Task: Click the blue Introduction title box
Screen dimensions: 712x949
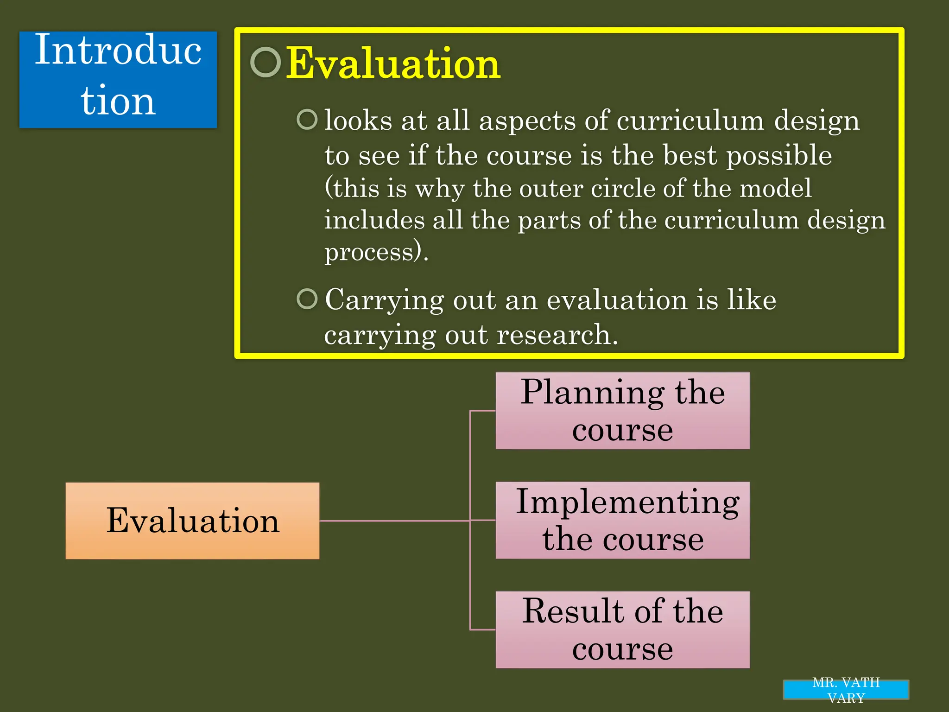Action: pyautogui.click(x=118, y=80)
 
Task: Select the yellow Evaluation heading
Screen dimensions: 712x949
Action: pyautogui.click(x=393, y=64)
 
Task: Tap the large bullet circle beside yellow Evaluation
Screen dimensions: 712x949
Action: pyautogui.click(x=266, y=62)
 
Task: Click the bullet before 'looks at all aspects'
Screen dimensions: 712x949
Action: pyautogui.click(x=307, y=120)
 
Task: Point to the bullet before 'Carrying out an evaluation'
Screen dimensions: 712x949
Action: pyautogui.click(x=307, y=299)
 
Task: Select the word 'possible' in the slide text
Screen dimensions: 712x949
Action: pyautogui.click(x=778, y=156)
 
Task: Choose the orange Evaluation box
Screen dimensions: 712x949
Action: pyautogui.click(x=192, y=521)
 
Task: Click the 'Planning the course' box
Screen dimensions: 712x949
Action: pyautogui.click(x=622, y=411)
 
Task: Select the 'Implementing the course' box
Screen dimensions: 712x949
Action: pyautogui.click(x=622, y=520)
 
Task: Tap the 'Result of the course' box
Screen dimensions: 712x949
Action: pyautogui.click(x=622, y=629)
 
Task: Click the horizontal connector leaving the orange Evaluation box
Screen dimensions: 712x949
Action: pyautogui.click(x=394, y=521)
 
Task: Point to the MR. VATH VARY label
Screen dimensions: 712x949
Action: pyautogui.click(x=846, y=690)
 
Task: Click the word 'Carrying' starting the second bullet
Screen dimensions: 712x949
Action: pyautogui.click(x=384, y=300)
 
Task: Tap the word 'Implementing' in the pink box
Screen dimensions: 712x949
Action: pyautogui.click(x=627, y=502)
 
